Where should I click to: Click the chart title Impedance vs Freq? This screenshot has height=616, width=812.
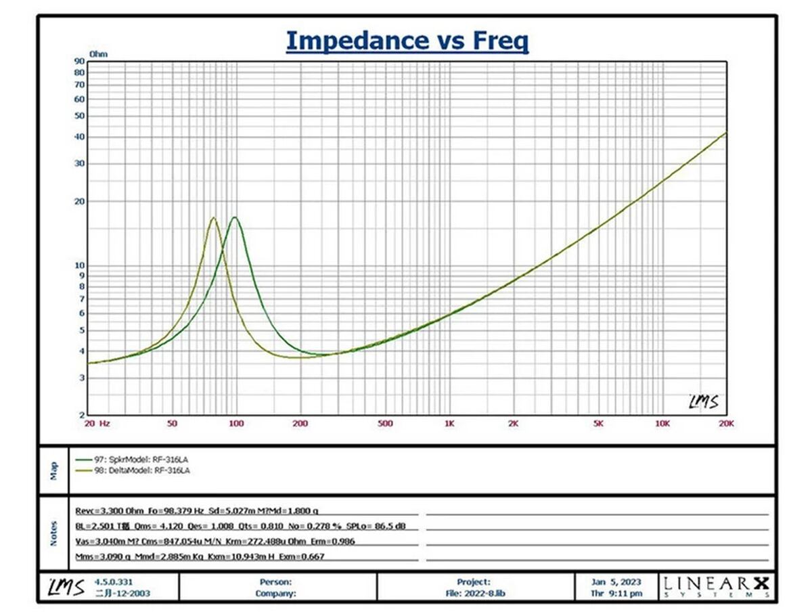(x=407, y=41)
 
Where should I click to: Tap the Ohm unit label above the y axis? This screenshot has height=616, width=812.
(x=98, y=53)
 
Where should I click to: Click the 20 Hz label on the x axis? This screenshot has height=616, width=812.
(x=97, y=424)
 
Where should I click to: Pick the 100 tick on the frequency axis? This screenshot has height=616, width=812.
(x=235, y=424)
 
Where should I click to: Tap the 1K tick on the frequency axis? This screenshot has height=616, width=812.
(x=449, y=424)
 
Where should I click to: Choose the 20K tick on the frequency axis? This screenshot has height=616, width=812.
(x=726, y=424)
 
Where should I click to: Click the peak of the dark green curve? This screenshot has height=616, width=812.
(x=235, y=217)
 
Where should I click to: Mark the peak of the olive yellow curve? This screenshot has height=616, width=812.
(x=214, y=218)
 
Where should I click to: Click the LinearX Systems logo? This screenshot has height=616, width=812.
(x=715, y=586)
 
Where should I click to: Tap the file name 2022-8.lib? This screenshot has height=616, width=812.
(x=487, y=594)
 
